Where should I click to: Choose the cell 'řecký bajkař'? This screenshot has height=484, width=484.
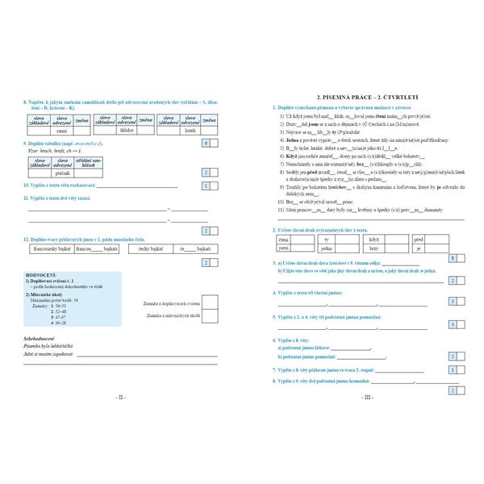click(x=148, y=249)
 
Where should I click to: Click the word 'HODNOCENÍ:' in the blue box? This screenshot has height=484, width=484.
click(x=43, y=275)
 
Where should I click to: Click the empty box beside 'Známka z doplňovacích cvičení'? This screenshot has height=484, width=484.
click(x=209, y=302)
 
